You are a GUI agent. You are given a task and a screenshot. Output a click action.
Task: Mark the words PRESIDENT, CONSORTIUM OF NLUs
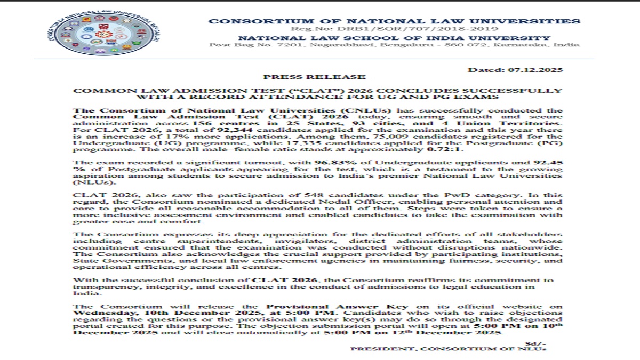449,349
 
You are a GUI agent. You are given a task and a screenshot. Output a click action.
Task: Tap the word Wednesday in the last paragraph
94,313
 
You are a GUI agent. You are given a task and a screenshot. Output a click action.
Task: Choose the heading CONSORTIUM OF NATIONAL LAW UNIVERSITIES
394,21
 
